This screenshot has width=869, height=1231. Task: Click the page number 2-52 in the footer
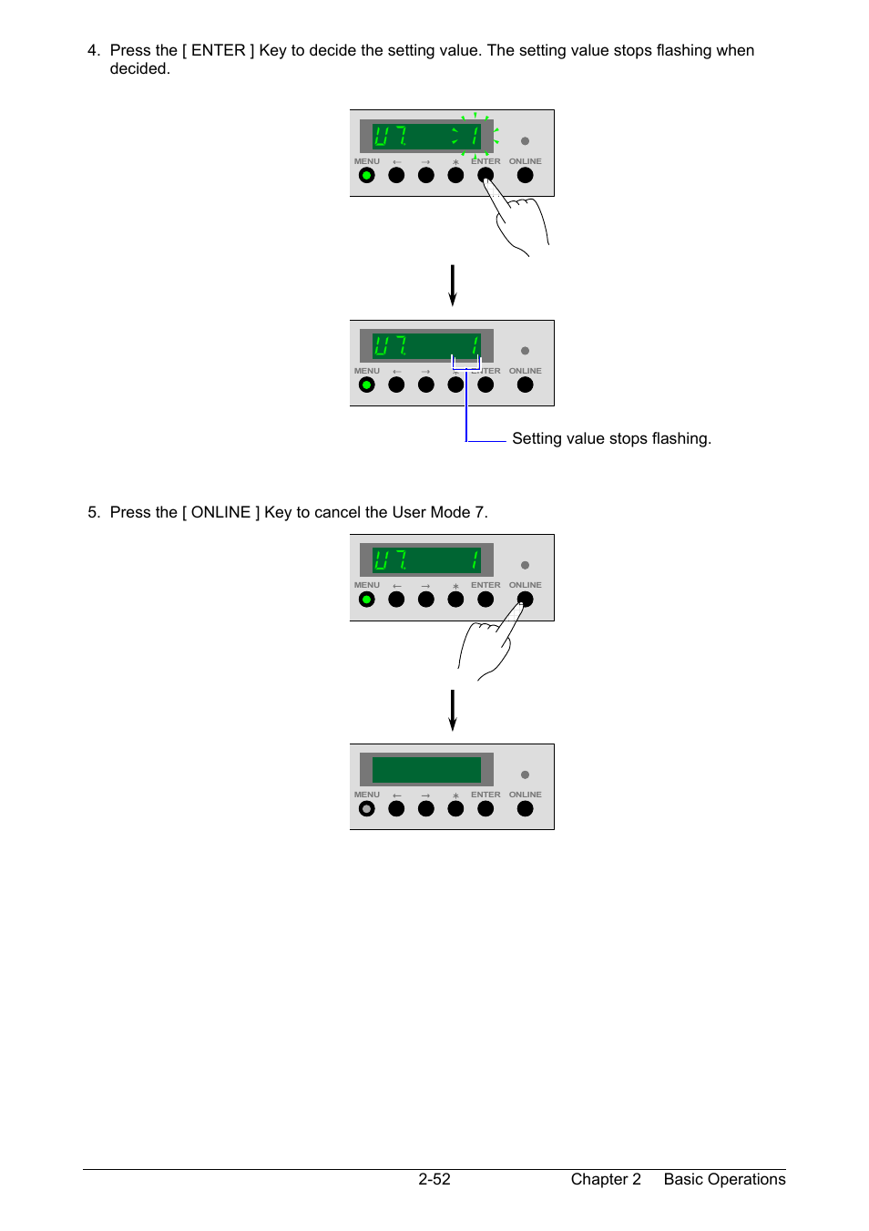(x=434, y=1179)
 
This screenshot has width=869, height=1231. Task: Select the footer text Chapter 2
(x=606, y=1179)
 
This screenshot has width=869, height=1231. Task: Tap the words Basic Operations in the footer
(x=724, y=1179)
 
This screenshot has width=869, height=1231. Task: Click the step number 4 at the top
(x=94, y=50)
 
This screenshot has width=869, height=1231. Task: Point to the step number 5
(x=94, y=512)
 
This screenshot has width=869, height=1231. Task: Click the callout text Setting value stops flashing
(x=611, y=438)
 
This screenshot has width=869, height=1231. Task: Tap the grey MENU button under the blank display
(x=366, y=808)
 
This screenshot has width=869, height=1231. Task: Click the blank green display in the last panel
(x=426, y=769)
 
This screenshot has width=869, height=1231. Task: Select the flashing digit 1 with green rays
(x=475, y=136)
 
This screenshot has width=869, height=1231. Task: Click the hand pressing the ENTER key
(x=516, y=217)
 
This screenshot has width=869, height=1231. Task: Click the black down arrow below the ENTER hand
(x=452, y=285)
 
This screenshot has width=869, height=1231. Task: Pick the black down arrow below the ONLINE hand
(x=452, y=710)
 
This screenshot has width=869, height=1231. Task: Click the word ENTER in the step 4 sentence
(x=218, y=50)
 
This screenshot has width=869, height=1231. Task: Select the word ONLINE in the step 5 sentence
(x=220, y=512)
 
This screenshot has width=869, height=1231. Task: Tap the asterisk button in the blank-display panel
(x=455, y=808)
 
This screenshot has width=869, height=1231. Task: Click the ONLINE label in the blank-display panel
(x=526, y=795)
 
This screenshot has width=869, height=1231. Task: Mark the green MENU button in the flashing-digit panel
(x=366, y=175)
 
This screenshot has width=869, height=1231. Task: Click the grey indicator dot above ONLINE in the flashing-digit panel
(x=526, y=141)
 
